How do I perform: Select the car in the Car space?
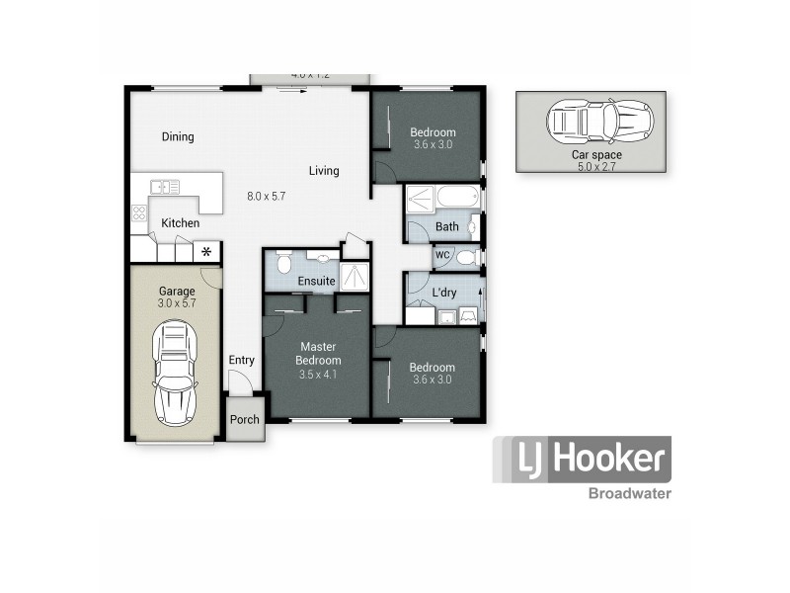pyautogui.click(x=599, y=122)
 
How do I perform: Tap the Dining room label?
pyautogui.click(x=178, y=137)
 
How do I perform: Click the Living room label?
pyautogui.click(x=324, y=171)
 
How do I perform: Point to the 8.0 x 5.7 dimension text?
pyautogui.click(x=266, y=197)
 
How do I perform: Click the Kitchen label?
pyautogui.click(x=180, y=223)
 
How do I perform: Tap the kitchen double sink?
pyautogui.click(x=165, y=186)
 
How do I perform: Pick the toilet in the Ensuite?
pyautogui.click(x=282, y=263)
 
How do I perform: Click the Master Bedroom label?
pyautogui.click(x=318, y=354)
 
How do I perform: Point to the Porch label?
pyautogui.click(x=244, y=420)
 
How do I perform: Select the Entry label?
pyautogui.click(x=242, y=360)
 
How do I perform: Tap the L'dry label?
pyautogui.click(x=443, y=294)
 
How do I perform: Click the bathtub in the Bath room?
pyautogui.click(x=456, y=198)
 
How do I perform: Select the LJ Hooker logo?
pyautogui.click(x=582, y=460)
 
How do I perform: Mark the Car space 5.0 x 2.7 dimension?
pyautogui.click(x=591, y=167)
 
